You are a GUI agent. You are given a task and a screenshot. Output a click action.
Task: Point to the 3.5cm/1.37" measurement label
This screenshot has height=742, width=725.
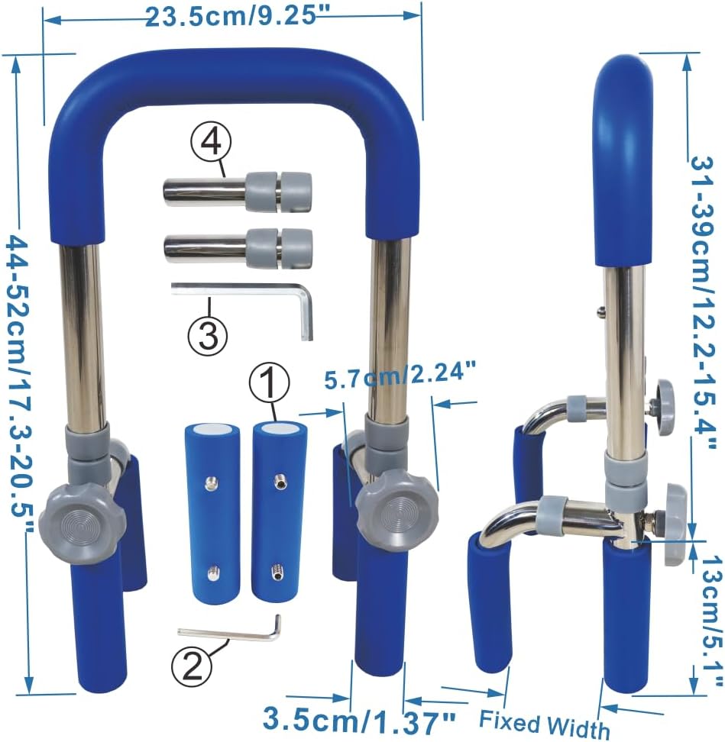point(359,718)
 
